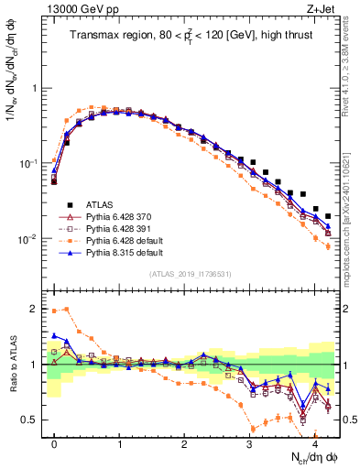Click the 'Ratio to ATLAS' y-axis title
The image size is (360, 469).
(11, 365)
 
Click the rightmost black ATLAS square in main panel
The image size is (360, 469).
(328, 216)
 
